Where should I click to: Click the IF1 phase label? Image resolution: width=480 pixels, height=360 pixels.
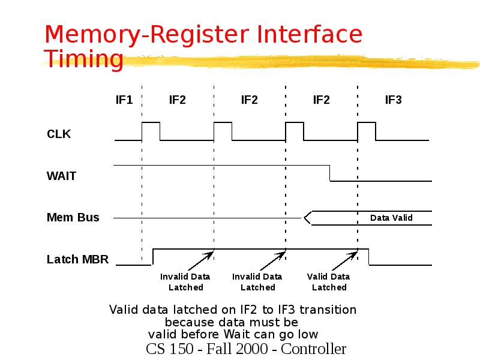pyautogui.click(x=124, y=100)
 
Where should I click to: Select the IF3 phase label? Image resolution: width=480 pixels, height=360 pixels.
pyautogui.click(x=393, y=100)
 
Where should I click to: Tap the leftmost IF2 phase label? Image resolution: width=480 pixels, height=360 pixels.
pyautogui.click(x=177, y=100)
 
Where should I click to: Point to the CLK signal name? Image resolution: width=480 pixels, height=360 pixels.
pyautogui.click(x=59, y=134)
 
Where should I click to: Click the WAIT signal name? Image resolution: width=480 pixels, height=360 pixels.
pyautogui.click(x=61, y=176)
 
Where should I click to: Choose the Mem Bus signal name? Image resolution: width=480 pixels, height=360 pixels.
pyautogui.click(x=73, y=217)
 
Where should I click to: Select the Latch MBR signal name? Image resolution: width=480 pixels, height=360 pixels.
pyautogui.click(x=78, y=259)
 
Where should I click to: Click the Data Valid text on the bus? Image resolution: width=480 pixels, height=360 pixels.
pyautogui.click(x=391, y=218)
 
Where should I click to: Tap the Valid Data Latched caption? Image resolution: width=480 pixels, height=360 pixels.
pyautogui.click(x=329, y=282)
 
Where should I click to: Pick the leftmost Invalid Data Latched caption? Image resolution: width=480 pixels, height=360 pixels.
pyautogui.click(x=185, y=282)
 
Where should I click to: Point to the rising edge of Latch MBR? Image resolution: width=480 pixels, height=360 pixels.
pyautogui.click(x=154, y=256)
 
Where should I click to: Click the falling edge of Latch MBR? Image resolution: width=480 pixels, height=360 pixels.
pyautogui.click(x=368, y=256)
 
